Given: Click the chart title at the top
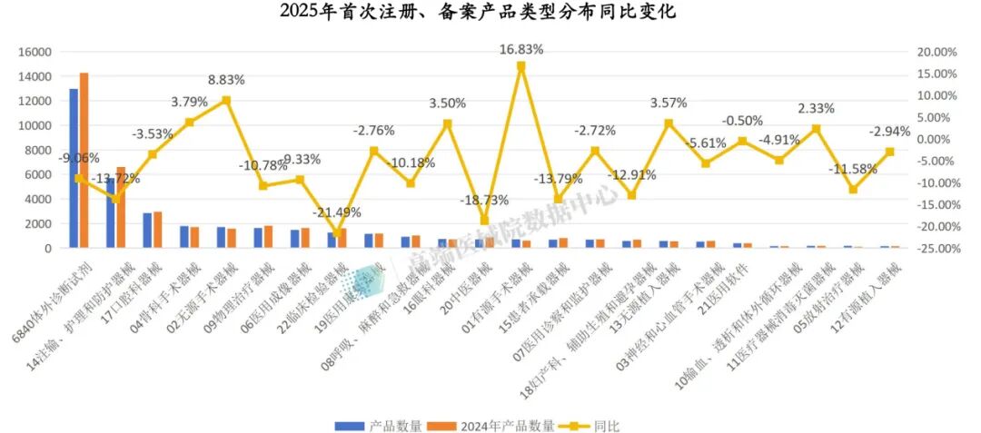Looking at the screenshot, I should coord(490,12).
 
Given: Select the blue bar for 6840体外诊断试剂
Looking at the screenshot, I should coord(74,168).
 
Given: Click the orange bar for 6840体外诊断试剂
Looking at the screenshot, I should coord(84,160).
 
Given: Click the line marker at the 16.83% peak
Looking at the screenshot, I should coord(521,66).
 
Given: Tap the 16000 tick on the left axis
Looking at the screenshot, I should coord(33,52).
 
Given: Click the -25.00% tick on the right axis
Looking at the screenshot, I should coord(936,248).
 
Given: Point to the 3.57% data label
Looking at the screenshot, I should coord(669,103).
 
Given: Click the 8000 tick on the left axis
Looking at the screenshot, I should coord(36,150).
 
